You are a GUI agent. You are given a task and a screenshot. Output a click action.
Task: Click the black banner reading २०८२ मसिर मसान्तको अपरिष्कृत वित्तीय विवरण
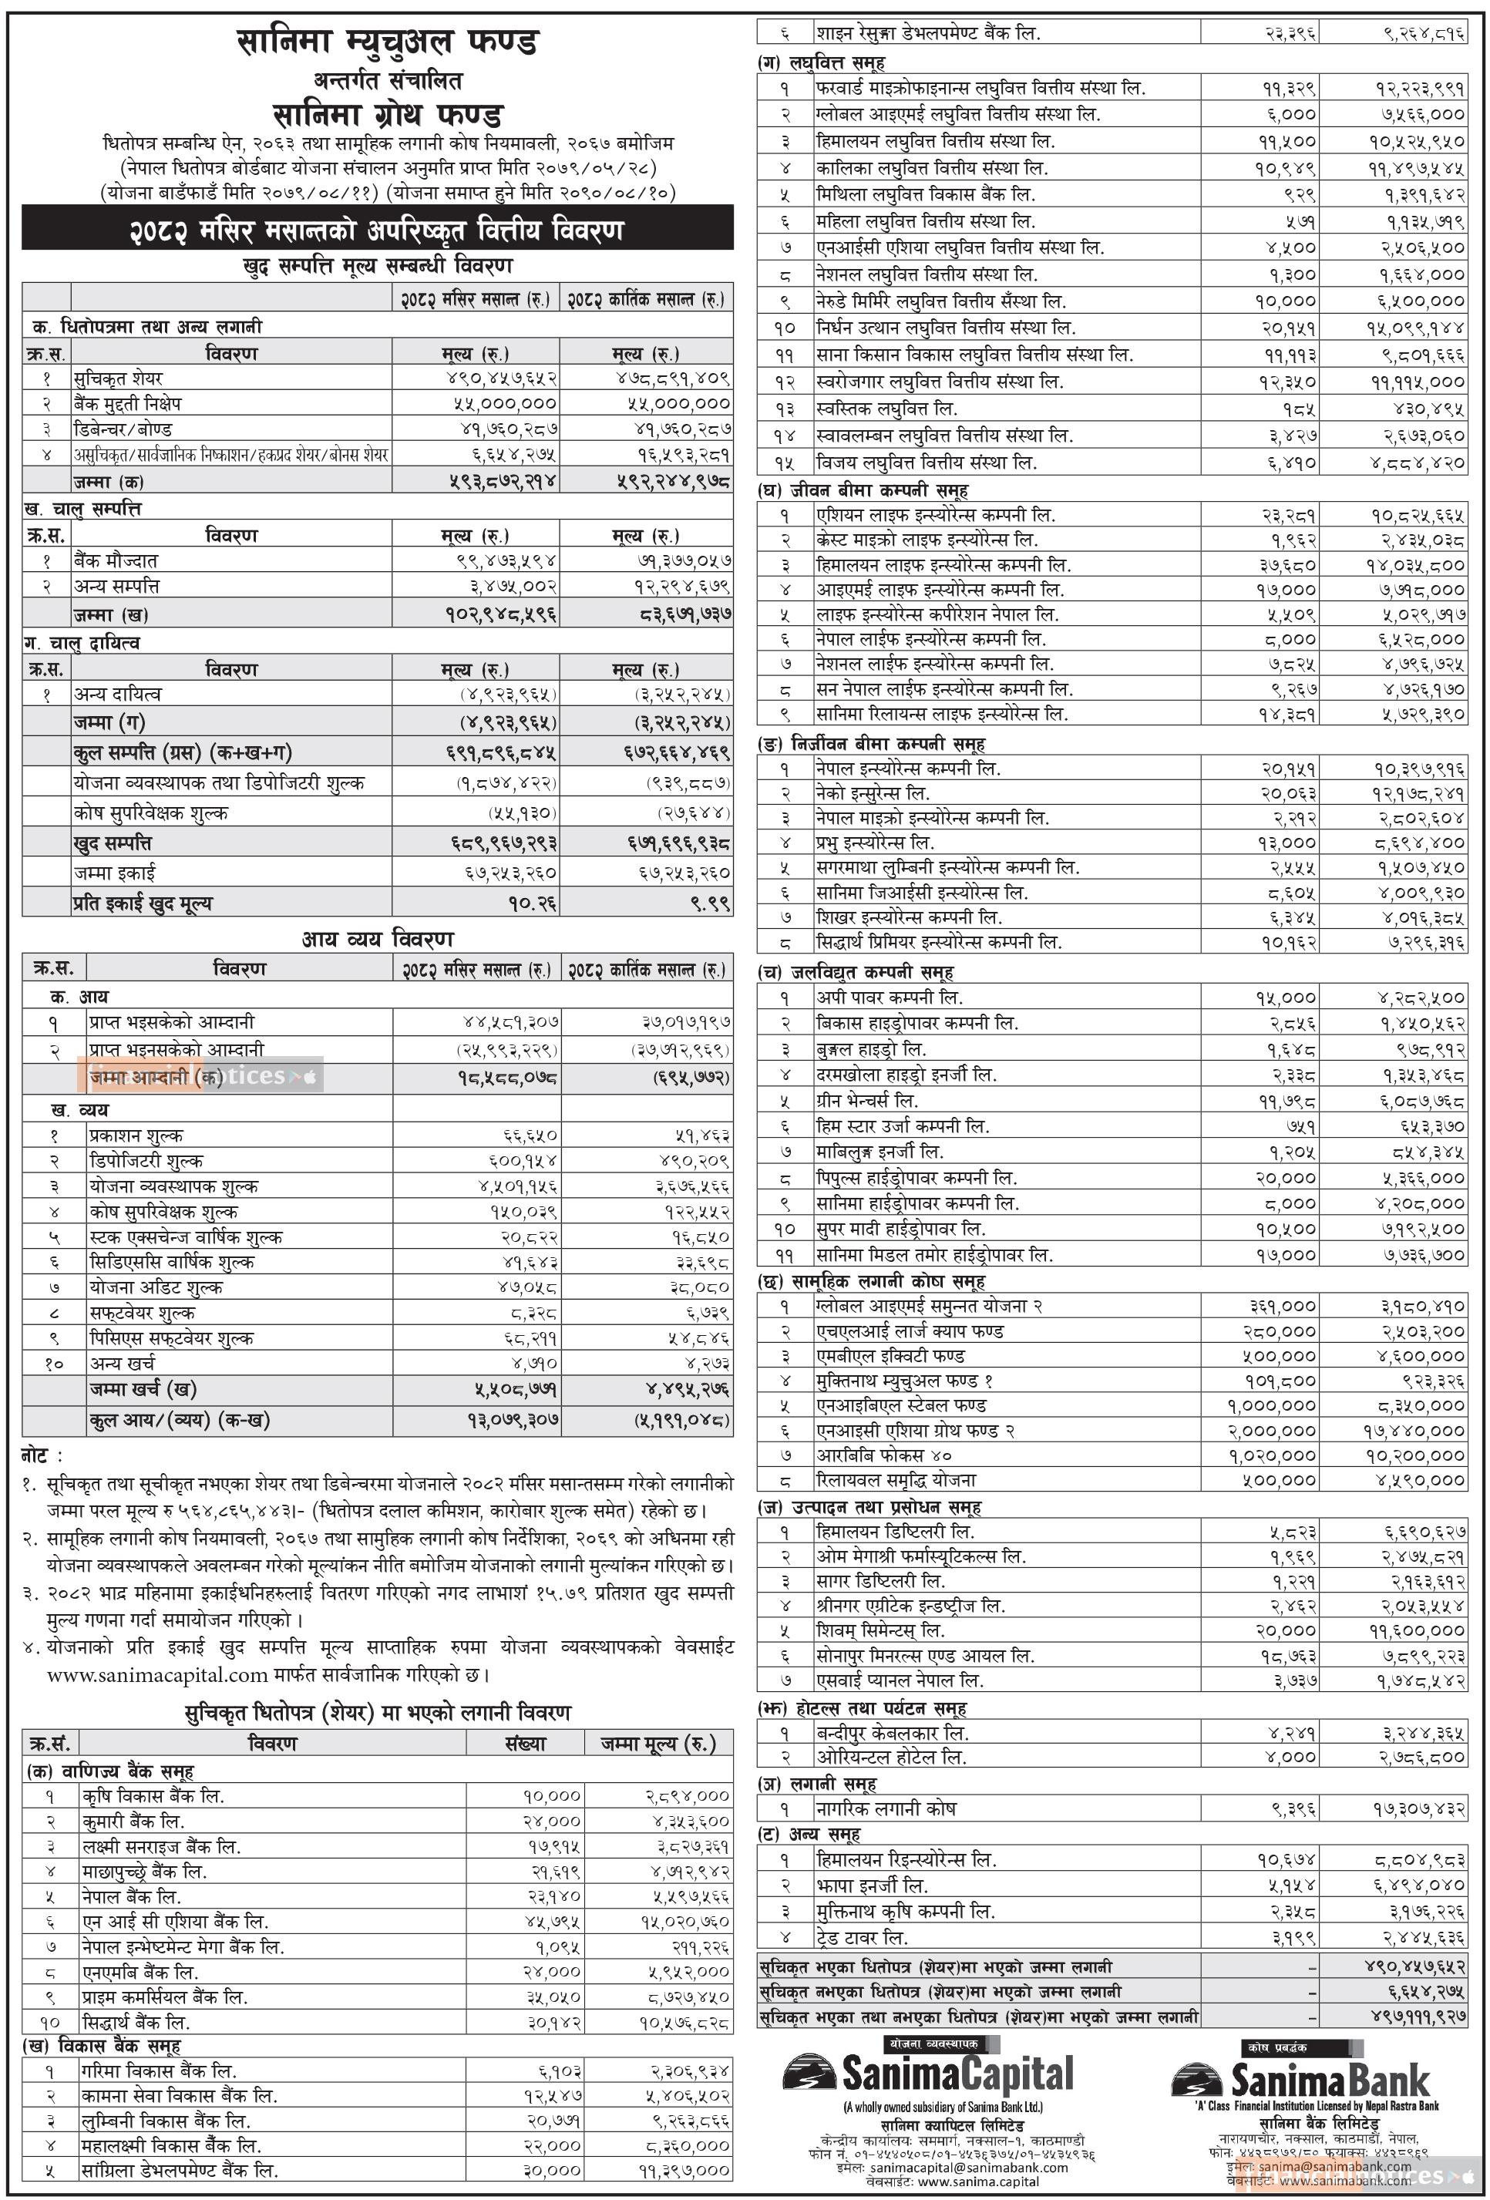click(377, 230)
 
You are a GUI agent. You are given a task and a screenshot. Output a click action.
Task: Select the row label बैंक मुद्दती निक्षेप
click(128, 402)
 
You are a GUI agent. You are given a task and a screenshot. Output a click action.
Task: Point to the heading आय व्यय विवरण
click(378, 939)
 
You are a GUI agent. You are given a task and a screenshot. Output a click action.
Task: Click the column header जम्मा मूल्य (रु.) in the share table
click(658, 1743)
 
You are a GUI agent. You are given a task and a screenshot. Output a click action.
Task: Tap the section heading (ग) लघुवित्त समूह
click(822, 62)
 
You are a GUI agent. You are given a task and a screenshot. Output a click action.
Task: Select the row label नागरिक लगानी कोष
click(886, 1809)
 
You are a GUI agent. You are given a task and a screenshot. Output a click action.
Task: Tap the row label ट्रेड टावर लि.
click(863, 1937)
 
